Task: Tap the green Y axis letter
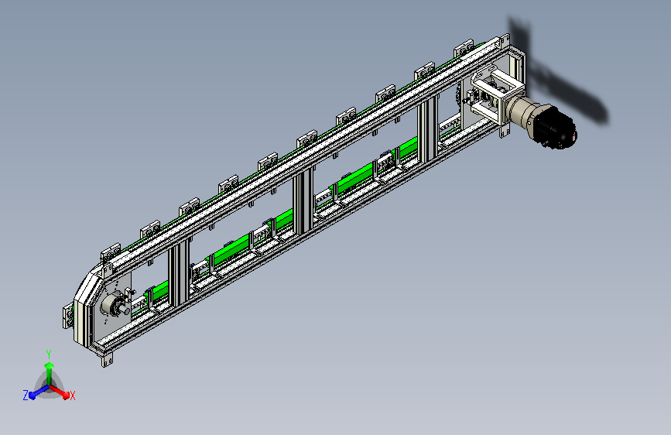click(x=49, y=354)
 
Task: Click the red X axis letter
click(x=72, y=396)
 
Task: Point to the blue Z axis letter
click(x=26, y=396)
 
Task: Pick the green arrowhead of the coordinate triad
click(x=50, y=365)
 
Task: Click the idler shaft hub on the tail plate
click(x=115, y=305)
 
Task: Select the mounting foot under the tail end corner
click(x=108, y=361)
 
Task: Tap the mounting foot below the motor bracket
click(x=505, y=131)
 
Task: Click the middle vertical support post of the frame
click(x=303, y=201)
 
